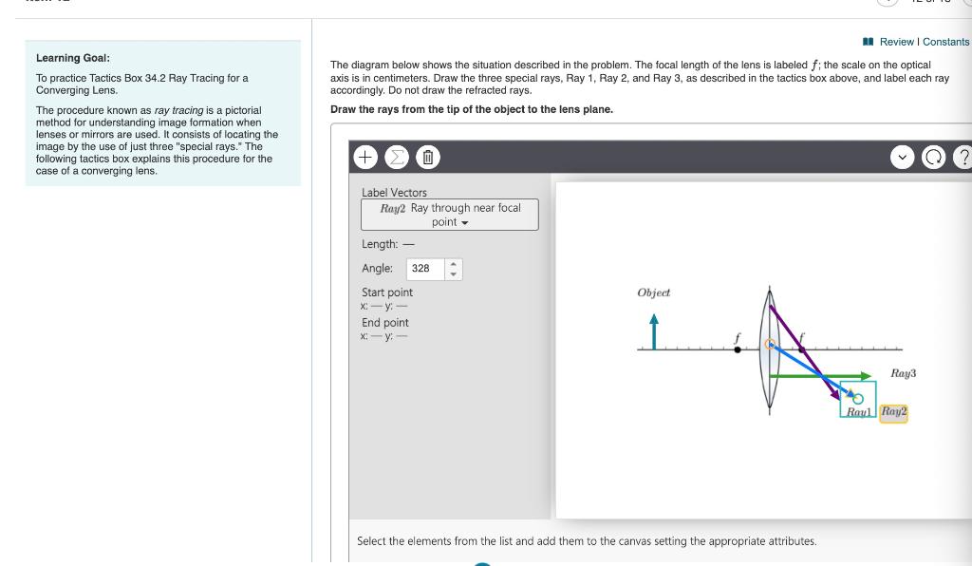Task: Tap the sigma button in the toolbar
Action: click(x=396, y=158)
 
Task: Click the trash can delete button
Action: click(x=427, y=158)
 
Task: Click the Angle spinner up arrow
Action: click(x=453, y=264)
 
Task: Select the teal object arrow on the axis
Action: click(x=653, y=332)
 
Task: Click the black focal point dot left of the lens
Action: click(x=738, y=349)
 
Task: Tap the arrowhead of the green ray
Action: click(x=864, y=376)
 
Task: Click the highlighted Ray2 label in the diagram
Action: click(x=893, y=412)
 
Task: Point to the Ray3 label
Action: click(x=904, y=373)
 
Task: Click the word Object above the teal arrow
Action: click(x=653, y=292)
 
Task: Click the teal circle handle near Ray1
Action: click(x=858, y=398)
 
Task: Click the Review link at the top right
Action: click(x=896, y=42)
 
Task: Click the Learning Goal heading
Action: click(x=72, y=58)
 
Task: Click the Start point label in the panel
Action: click(x=386, y=292)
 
